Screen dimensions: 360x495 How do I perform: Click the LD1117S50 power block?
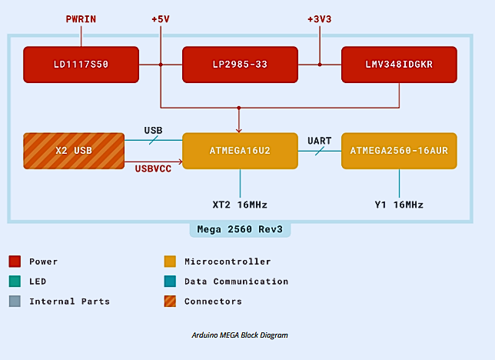[x=81, y=65]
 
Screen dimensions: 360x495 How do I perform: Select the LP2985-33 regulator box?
[x=239, y=65]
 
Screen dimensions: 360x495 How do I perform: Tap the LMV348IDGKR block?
[x=399, y=65]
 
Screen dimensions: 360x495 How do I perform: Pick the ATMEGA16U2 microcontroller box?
[x=239, y=151]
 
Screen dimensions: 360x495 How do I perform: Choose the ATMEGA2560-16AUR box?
[x=399, y=151]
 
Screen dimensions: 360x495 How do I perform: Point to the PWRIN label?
[x=81, y=18]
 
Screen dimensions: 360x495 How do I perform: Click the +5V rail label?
[x=161, y=18]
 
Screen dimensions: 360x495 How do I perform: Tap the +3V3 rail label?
[x=320, y=18]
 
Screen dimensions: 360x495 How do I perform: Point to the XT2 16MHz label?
[x=240, y=205]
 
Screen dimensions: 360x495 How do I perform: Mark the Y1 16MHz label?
[x=399, y=205]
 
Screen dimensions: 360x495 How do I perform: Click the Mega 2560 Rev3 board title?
[x=240, y=230]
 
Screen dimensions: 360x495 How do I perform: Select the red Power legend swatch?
[x=15, y=262]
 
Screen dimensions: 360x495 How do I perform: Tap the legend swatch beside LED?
[x=15, y=282]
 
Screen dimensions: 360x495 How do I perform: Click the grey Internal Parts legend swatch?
[x=15, y=302]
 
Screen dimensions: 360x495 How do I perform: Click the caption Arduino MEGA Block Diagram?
[x=240, y=335]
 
